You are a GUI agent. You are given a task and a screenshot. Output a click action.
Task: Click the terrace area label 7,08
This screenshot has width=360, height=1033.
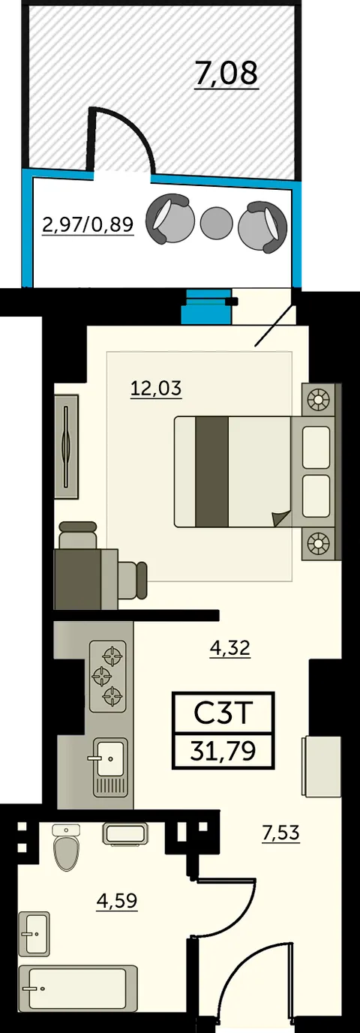point(226,73)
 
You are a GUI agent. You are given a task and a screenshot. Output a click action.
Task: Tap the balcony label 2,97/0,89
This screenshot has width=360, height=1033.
point(88,224)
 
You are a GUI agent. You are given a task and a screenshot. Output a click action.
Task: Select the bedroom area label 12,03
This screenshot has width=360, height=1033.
point(156,389)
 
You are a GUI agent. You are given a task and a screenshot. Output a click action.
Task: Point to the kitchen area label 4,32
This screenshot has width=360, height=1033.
point(230,648)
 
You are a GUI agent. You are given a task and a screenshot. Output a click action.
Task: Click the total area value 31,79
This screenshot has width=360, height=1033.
point(223,751)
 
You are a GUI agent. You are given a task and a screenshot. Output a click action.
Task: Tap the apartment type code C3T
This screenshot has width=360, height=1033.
point(223,713)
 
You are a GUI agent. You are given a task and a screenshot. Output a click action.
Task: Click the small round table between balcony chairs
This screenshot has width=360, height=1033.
point(216,223)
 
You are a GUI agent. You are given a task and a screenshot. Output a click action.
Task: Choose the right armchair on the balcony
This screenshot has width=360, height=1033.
point(262,227)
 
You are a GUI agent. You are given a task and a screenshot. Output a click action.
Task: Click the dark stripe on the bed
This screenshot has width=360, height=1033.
point(212,471)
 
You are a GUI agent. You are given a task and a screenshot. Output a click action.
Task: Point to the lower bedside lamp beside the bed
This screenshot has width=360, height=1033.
point(319,543)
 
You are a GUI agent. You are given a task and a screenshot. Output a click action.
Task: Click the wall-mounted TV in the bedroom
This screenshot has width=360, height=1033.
point(67,446)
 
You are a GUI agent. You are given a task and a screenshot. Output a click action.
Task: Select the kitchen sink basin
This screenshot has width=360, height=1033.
point(110,758)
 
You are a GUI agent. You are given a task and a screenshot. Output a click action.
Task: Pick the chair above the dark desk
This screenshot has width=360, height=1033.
point(78,535)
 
